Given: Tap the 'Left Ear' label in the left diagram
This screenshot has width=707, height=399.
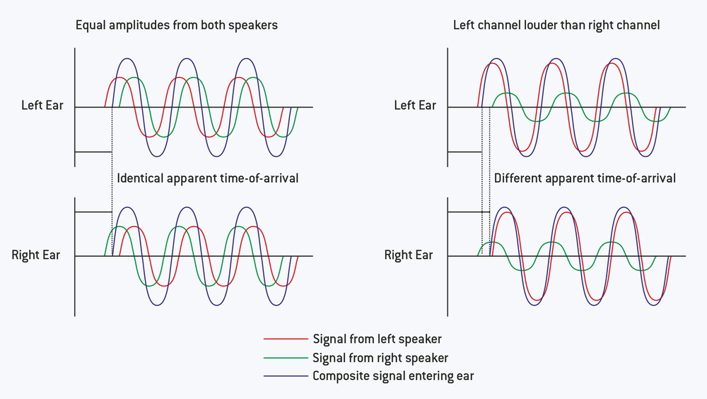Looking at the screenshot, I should point(42,106).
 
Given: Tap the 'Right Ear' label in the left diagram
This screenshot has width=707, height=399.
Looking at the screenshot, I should point(35,255).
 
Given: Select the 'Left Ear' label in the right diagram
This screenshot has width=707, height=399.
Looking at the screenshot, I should point(414,106).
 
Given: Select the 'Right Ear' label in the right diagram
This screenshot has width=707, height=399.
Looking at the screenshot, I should point(408,255).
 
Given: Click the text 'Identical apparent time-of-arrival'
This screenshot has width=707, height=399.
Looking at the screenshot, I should point(207,178).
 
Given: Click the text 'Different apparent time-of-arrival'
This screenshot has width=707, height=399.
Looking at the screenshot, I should point(585,178).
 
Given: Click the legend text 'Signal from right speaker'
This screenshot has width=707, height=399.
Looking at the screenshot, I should point(380,359).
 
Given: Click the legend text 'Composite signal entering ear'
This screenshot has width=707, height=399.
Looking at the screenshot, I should point(393,376).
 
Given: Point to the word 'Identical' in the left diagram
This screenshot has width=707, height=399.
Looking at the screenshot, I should point(141,178).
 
